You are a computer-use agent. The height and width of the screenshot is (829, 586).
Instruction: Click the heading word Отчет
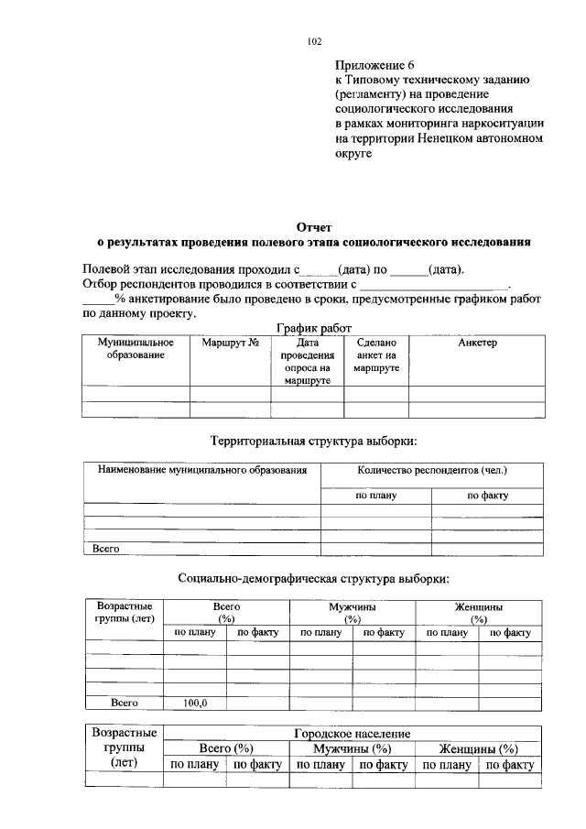click(314, 227)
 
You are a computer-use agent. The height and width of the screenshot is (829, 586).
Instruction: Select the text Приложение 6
click(375, 65)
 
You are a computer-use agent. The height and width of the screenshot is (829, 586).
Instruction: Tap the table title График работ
click(314, 328)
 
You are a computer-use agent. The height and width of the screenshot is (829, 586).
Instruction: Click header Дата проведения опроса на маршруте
click(306, 361)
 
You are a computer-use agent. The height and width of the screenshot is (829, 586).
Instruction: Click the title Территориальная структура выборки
click(314, 441)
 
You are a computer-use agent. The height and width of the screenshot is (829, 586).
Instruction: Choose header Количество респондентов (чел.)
click(431, 470)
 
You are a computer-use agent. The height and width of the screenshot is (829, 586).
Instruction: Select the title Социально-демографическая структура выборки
click(314, 579)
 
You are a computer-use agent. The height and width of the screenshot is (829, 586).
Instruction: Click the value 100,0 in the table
click(195, 703)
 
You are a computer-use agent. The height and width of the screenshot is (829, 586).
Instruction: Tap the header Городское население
click(353, 734)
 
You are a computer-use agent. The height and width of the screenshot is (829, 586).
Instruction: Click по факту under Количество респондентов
click(487, 496)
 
